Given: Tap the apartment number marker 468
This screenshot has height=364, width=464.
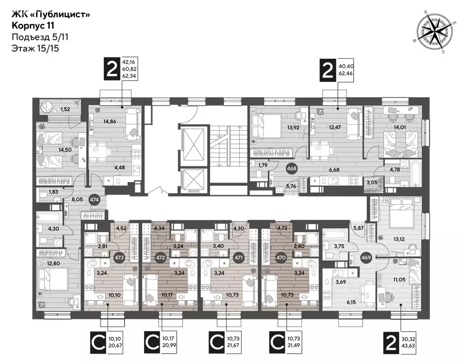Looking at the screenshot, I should pyautogui.click(x=292, y=168).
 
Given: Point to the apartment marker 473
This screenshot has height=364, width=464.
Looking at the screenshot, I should pyautogui.click(x=119, y=257).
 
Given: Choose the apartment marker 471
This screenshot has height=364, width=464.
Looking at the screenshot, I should pyautogui.click(x=239, y=257).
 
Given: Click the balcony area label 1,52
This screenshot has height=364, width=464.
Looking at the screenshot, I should pyautogui.click(x=66, y=109).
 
